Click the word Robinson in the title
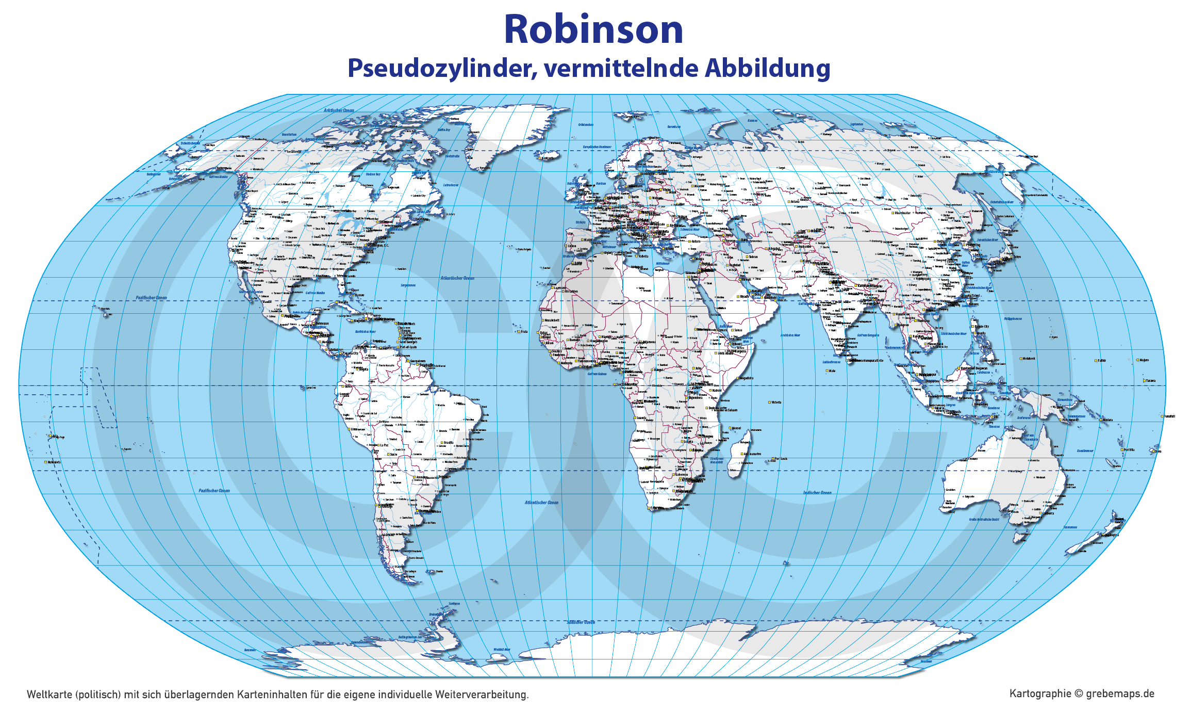593,29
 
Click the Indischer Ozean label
817,492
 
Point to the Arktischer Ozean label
339,110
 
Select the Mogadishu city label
746,378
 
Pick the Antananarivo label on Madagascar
753,454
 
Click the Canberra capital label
1048,513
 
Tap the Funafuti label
1170,416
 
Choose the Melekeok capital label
1029,359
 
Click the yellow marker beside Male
827,371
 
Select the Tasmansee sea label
1070,527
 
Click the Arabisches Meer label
790,335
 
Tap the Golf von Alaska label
218,177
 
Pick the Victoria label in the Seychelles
776,403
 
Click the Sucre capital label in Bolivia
393,455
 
